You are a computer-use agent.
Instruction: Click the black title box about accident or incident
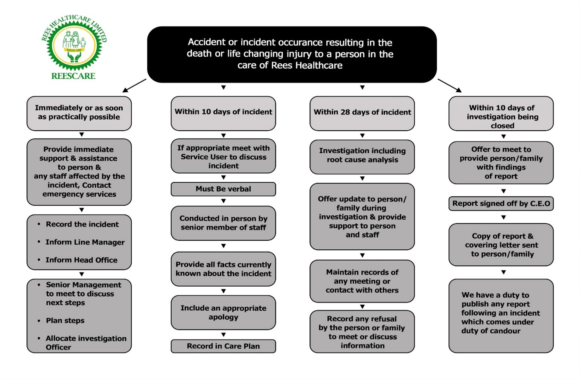tap(292, 54)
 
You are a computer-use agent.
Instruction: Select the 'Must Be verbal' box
tap(223, 189)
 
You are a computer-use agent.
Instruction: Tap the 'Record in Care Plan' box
tap(223, 346)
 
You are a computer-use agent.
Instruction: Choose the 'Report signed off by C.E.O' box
tap(501, 204)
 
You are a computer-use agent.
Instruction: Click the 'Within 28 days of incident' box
tap(362, 113)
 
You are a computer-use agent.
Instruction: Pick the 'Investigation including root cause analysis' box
tap(362, 157)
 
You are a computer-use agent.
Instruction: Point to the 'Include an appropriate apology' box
tap(223, 313)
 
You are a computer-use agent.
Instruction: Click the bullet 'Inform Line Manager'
tap(85, 242)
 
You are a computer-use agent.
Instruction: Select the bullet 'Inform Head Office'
tap(81, 260)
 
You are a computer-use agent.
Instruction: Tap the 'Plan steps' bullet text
tap(65, 320)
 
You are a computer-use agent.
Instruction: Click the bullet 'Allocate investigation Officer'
tap(86, 343)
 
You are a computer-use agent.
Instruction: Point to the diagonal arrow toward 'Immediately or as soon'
tap(134, 85)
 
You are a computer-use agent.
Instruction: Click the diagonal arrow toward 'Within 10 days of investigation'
tap(449, 85)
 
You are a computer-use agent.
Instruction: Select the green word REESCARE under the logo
tap(73, 76)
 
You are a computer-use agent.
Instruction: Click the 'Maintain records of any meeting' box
tap(362, 281)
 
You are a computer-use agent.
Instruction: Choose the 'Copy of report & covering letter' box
tap(501, 245)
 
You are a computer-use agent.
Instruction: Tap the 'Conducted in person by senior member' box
tap(223, 223)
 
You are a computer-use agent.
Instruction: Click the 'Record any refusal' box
tap(362, 331)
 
